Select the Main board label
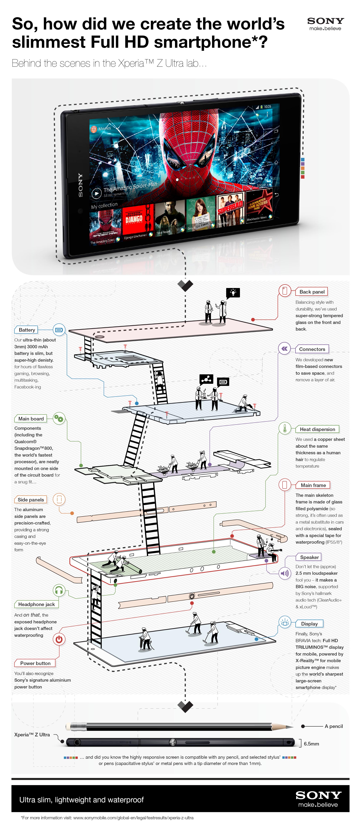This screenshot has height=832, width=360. pos(31,419)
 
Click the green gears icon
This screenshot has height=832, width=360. pos(59,419)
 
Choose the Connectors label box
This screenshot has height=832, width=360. pos(312,349)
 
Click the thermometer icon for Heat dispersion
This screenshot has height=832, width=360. pos(285,429)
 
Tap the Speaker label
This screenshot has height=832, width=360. pos(309,557)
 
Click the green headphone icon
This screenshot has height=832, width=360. pos(59,591)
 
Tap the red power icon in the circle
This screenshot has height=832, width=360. pos(59,639)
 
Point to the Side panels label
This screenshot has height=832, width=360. pos(31,500)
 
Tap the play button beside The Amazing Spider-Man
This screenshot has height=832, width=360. pos(96,193)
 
